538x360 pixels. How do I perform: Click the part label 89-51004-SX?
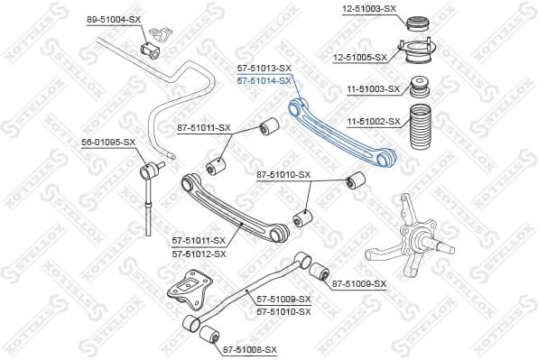click(114, 18)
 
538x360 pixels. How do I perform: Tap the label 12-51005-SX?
click(359, 57)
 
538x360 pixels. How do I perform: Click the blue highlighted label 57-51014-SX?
click(264, 80)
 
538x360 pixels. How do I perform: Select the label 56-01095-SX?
click(108, 142)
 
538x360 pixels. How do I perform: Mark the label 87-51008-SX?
click(250, 348)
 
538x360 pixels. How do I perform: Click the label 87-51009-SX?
click(359, 284)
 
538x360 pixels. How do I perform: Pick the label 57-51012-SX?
click(199, 254)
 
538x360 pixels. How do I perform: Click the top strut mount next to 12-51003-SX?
click(418, 23)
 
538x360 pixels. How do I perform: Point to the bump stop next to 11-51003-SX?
click(419, 88)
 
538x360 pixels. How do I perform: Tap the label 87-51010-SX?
click(283, 174)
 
